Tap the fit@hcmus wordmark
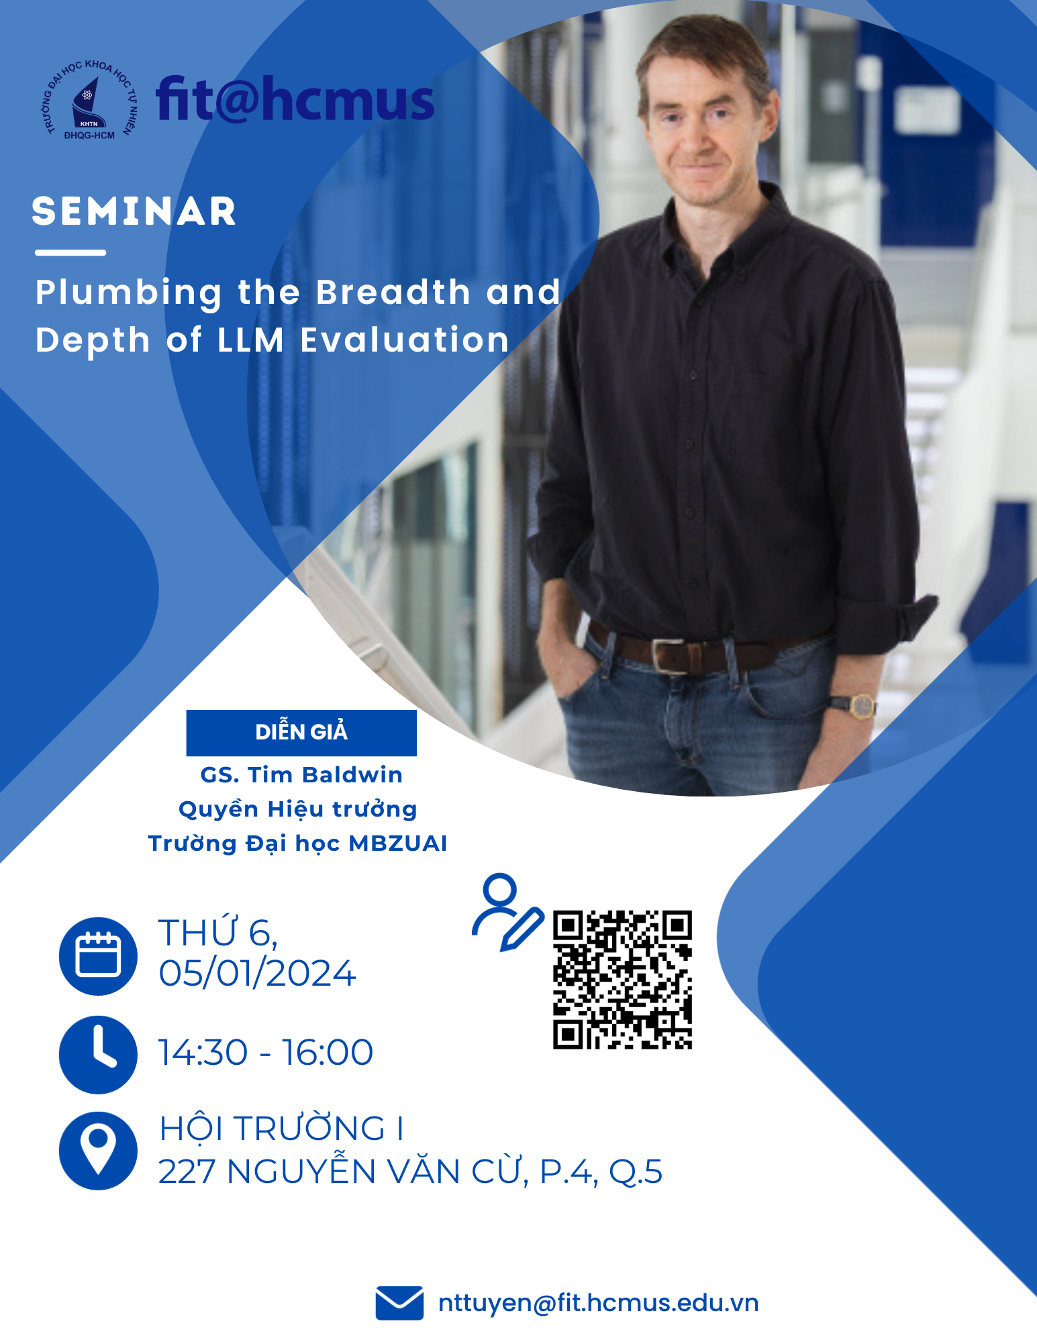tap(295, 100)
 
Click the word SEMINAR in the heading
tap(134, 211)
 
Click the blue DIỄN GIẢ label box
tap(301, 732)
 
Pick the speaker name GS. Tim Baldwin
tap(301, 775)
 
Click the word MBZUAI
tap(398, 843)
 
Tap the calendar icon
tap(98, 956)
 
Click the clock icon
tap(98, 1055)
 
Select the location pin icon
tap(98, 1151)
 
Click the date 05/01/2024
tap(257, 973)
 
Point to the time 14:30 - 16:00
tap(266, 1052)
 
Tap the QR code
tap(622, 980)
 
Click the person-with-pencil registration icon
tap(507, 912)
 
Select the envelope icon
tap(399, 1303)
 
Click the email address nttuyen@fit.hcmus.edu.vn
tap(598, 1303)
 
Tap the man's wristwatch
tap(860, 705)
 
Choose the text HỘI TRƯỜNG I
tap(281, 1129)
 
